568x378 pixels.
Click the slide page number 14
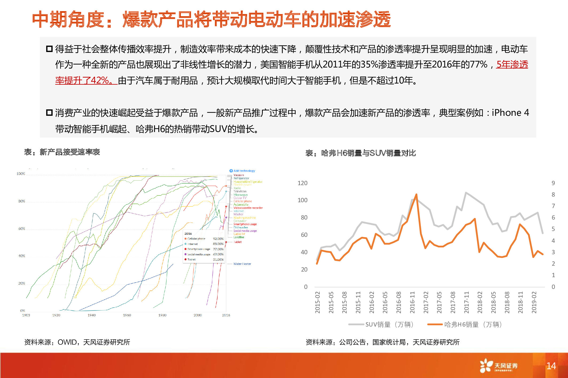pos(551,366)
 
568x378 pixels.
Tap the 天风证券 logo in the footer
pos(499,366)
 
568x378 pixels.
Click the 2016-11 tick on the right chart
pos(412,303)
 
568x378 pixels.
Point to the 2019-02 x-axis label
pos(534,303)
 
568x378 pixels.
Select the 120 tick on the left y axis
pos(302,183)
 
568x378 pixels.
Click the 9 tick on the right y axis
pos(553,183)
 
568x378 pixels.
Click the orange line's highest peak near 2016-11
pos(416,195)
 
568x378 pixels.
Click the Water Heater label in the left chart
pos(242,264)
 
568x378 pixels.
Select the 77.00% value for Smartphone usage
pos(218,249)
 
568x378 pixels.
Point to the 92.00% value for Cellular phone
pos(218,239)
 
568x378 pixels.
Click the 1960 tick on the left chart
pos(127,315)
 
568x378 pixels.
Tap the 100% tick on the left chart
pos(21,174)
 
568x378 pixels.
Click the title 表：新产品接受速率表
pos(62,152)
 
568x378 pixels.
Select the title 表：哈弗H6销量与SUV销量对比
pos(361,153)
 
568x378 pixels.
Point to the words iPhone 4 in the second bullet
pos(510,113)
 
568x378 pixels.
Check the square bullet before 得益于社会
pos(49,49)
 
